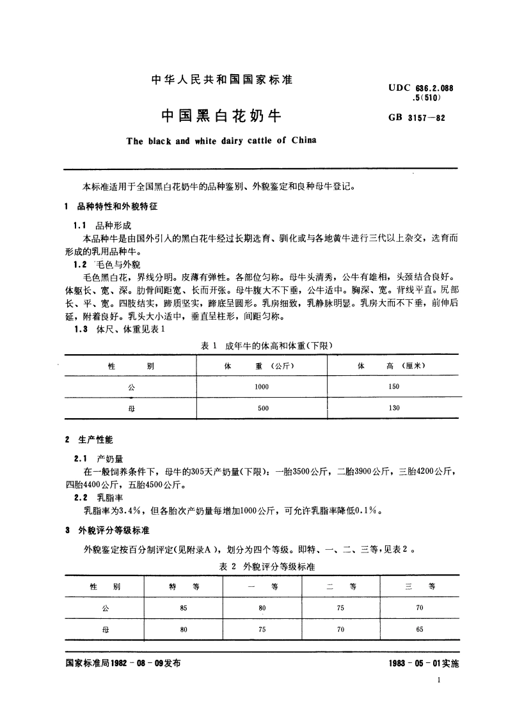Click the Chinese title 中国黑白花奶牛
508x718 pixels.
coord(221,116)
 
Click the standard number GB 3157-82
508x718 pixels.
coord(416,119)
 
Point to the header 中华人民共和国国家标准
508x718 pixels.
coord(221,81)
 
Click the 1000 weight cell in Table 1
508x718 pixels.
coord(262,387)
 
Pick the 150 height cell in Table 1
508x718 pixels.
coord(393,387)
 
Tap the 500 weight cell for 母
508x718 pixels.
coord(263,408)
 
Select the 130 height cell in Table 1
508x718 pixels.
coord(393,408)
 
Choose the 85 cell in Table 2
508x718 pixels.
coord(184,608)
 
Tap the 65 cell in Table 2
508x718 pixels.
coord(419,629)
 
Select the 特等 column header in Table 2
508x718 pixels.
coord(184,587)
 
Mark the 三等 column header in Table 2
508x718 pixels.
coord(420,587)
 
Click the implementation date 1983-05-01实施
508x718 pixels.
coord(424,664)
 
